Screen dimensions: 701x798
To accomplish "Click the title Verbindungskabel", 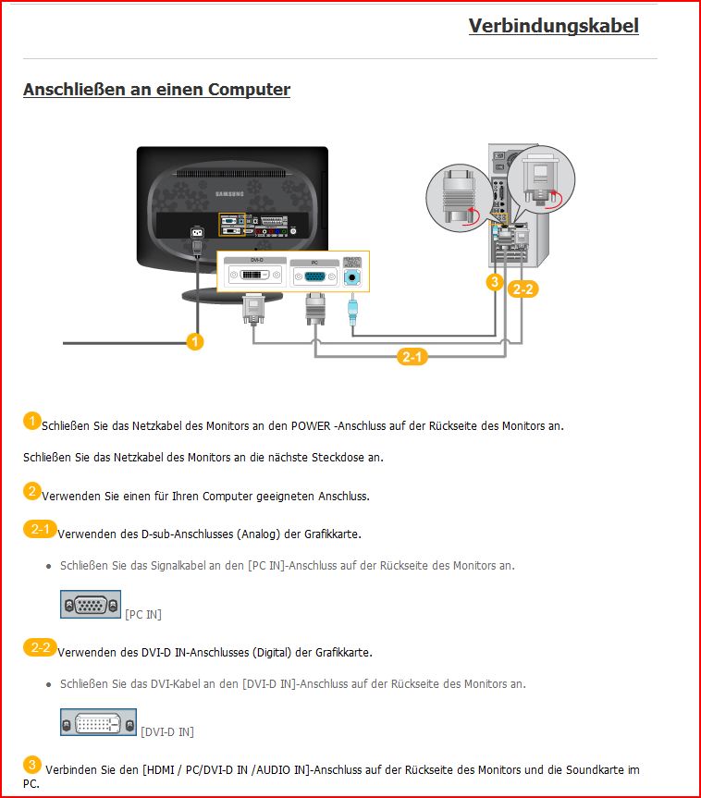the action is (x=553, y=26).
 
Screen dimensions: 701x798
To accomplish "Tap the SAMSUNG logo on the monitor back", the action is (x=229, y=194).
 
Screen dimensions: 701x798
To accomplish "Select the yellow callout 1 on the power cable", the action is (x=195, y=341).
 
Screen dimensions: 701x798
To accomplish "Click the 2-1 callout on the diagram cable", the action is (x=412, y=356).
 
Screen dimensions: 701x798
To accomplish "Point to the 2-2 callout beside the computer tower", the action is (x=523, y=289).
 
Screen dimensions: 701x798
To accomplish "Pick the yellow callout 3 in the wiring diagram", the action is (x=495, y=281).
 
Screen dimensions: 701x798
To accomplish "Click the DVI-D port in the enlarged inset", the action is (x=255, y=275).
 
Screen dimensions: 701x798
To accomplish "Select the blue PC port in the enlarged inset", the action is (x=314, y=276).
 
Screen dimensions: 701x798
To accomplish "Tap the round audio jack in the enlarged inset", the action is (x=352, y=277).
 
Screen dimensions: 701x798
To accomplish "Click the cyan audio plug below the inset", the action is (x=352, y=312).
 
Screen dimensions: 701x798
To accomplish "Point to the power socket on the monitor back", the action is (x=197, y=233).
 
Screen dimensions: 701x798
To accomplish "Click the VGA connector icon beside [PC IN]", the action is (x=91, y=605).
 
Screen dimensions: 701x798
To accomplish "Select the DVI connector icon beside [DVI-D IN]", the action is (x=98, y=722).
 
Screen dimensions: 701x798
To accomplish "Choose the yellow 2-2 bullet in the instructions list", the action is (x=40, y=647).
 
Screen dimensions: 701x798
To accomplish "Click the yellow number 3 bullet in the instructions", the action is (x=31, y=765).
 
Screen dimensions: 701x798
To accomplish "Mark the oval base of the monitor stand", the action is (x=231, y=296).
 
